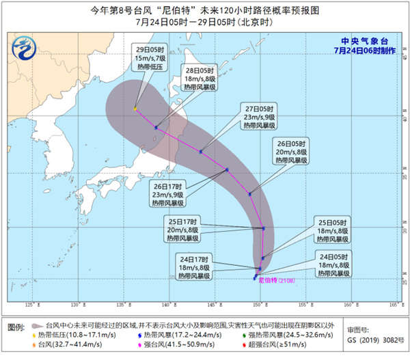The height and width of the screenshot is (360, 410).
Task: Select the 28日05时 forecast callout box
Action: point(202,79)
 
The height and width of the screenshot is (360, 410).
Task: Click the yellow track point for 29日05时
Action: point(135,108)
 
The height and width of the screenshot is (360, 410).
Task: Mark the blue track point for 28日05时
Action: point(156,127)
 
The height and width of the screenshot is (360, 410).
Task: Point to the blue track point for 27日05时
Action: point(201,152)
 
